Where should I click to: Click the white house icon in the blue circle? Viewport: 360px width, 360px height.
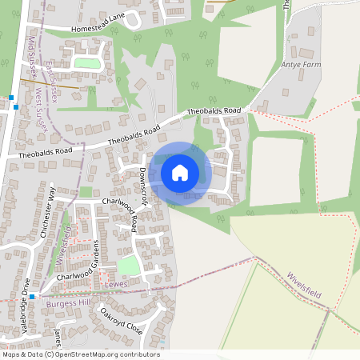(x=180, y=171)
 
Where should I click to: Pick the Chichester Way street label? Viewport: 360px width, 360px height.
(x=47, y=212)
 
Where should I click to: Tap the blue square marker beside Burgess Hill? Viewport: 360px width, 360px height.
(x=32, y=296)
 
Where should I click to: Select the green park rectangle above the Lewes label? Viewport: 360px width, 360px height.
(x=128, y=265)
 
